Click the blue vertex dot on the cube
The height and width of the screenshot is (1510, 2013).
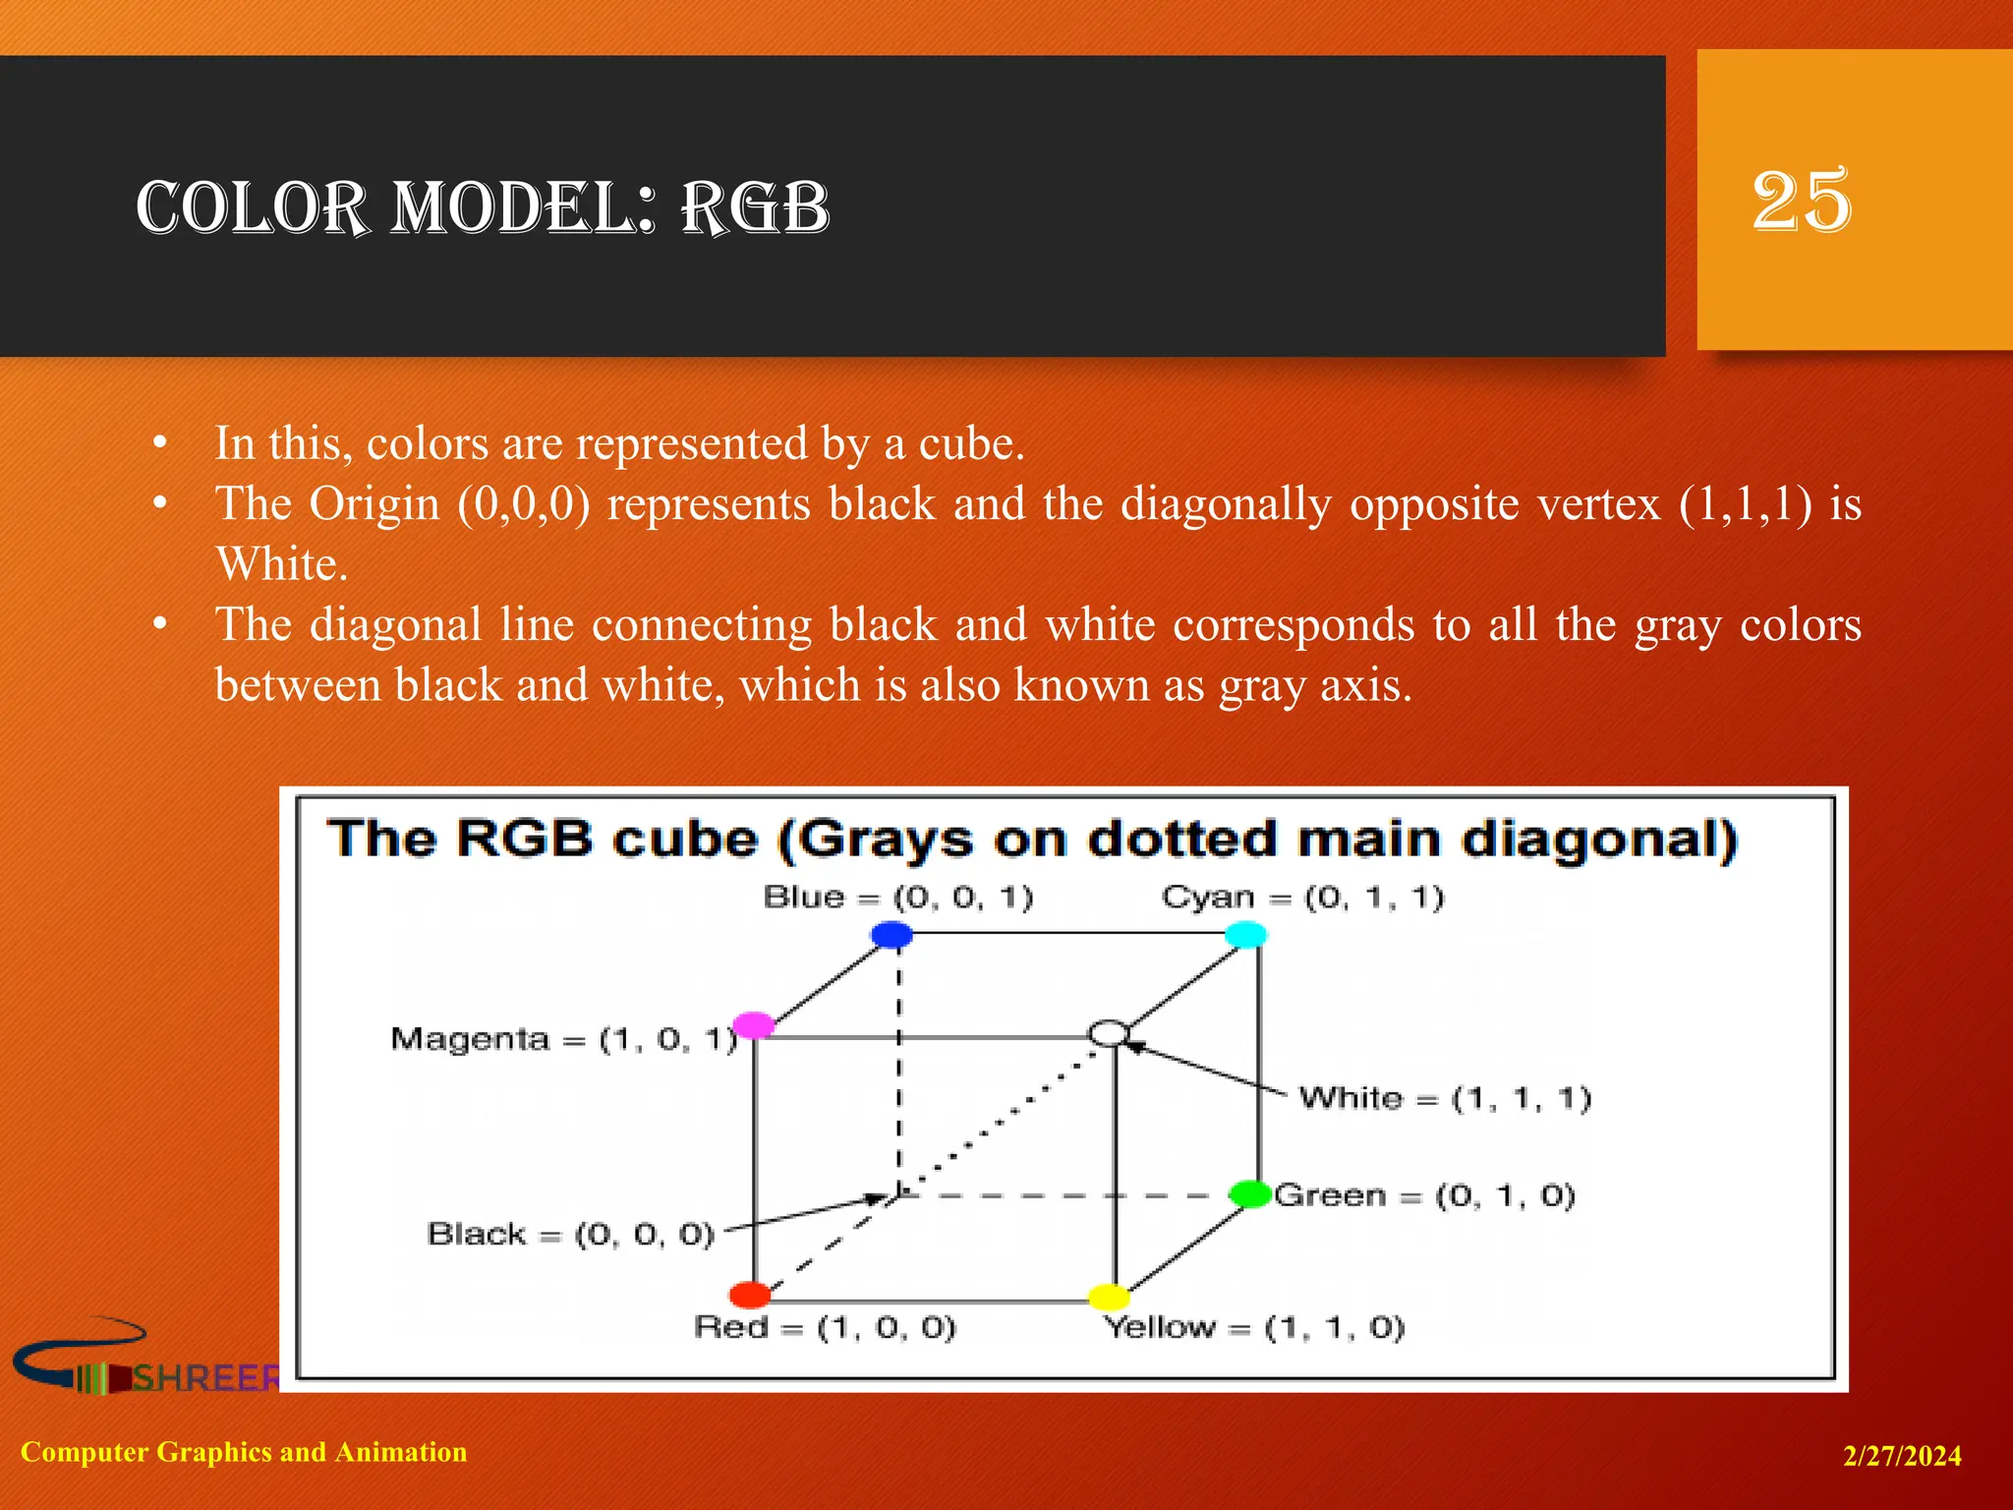point(891,934)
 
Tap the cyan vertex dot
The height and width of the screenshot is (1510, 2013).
point(1246,934)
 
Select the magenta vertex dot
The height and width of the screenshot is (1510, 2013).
point(754,1025)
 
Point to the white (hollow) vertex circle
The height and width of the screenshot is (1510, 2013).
point(1109,1033)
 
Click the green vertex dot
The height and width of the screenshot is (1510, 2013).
point(1250,1194)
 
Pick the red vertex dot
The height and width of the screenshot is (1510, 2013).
point(750,1295)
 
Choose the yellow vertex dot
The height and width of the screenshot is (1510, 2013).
point(1109,1297)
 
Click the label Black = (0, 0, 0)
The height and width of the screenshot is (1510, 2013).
point(570,1234)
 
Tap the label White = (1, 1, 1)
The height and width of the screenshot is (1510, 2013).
point(1445,1098)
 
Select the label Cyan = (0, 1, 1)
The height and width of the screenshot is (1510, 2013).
point(1302,898)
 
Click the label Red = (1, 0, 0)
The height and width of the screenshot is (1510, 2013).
point(825,1328)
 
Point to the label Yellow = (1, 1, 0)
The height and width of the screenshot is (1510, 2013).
point(1254,1328)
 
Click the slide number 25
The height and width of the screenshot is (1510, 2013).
point(1802,202)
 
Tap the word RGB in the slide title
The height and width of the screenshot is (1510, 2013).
point(755,208)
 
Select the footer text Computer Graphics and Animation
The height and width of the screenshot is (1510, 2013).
point(244,1452)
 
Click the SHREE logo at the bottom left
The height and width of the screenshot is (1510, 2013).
point(147,1362)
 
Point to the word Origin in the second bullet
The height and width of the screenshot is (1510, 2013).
point(374,504)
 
